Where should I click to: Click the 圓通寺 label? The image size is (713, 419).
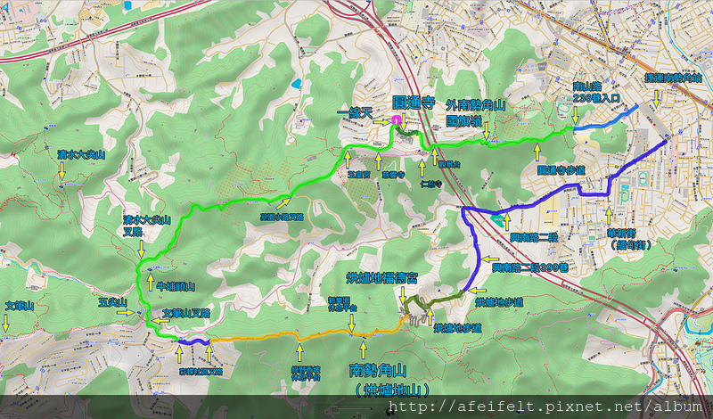pos(414,102)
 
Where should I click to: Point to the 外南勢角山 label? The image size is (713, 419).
pos(476,105)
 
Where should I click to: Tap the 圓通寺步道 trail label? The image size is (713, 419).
pos(561,168)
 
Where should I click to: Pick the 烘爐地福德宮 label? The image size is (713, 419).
pos(381,276)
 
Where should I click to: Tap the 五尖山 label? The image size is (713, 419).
pos(114,303)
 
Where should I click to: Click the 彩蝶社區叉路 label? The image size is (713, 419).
pos(201,371)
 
